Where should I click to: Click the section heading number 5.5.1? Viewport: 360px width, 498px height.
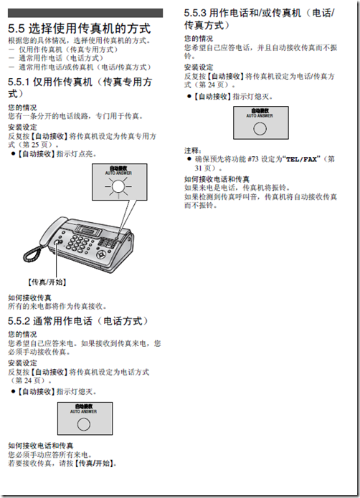pos(20,83)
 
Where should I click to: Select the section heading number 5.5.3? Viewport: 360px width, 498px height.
pos(196,12)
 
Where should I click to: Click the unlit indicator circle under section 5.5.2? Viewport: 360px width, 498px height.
pos(84,423)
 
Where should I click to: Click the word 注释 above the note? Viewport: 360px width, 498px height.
pos(191,150)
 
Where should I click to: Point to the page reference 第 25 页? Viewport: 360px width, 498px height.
pos(29,143)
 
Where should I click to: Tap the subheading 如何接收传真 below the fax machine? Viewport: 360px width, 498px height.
pos(29,297)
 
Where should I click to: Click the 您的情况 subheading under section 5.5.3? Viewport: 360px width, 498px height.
pos(197,37)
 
